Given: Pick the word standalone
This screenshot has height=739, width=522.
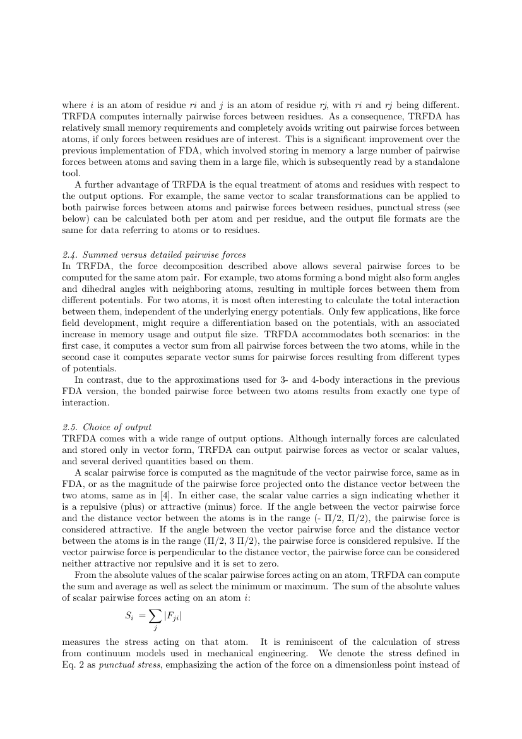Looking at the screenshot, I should [x=435, y=162].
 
